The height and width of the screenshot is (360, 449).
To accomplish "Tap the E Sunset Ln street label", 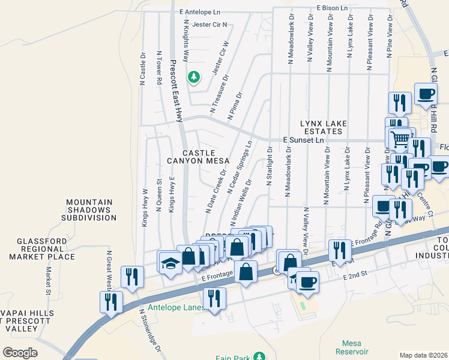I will [303, 140].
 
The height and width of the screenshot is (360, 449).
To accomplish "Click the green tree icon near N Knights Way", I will [194, 77].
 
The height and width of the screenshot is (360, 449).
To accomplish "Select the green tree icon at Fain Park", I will [259, 356].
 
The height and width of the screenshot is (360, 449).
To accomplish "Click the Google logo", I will [20, 353].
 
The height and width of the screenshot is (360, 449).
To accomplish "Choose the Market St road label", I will [47, 278].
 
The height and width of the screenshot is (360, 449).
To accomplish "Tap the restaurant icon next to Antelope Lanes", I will [214, 298].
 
